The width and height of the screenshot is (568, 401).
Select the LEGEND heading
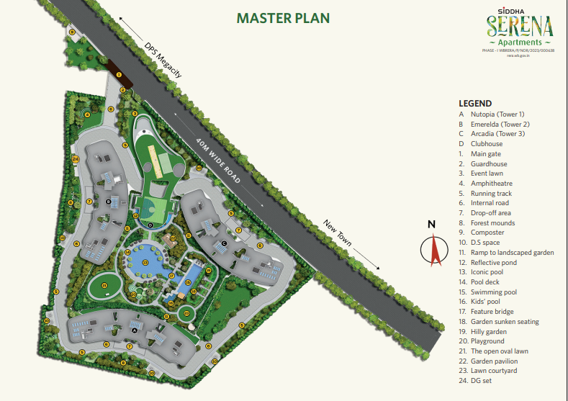click(475, 104)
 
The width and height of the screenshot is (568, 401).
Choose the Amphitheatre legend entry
click(492, 184)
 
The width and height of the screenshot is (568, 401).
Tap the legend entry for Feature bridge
click(492, 312)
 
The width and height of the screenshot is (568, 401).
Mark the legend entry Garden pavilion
click(494, 361)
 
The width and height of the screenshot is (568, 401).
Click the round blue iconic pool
click(144, 262)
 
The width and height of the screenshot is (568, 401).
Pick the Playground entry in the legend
click(487, 341)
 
